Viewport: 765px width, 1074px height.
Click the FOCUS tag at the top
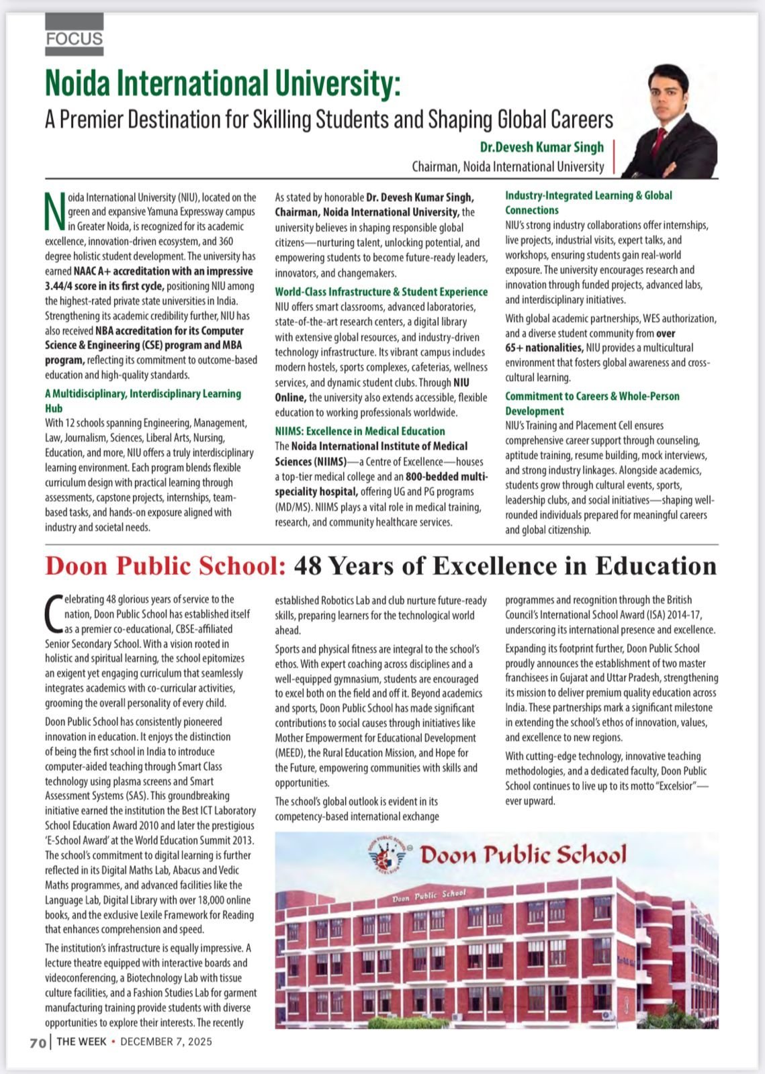tap(75, 38)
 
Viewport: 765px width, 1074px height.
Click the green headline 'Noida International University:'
tap(222, 85)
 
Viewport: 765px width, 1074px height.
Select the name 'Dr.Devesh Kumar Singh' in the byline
tap(541, 147)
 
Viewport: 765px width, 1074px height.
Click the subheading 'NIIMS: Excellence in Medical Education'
tap(360, 431)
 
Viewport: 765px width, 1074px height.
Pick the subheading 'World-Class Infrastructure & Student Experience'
tap(381, 291)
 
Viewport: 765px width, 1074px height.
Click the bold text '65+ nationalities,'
tap(544, 348)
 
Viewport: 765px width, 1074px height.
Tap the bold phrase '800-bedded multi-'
tap(447, 477)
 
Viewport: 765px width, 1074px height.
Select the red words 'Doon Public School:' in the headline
tap(166, 566)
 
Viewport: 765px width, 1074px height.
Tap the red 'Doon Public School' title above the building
tap(523, 855)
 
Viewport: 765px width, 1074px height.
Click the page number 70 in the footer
tap(38, 1042)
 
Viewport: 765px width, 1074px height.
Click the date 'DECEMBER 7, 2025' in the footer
tap(166, 1042)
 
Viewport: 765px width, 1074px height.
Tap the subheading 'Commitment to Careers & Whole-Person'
tap(592, 396)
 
